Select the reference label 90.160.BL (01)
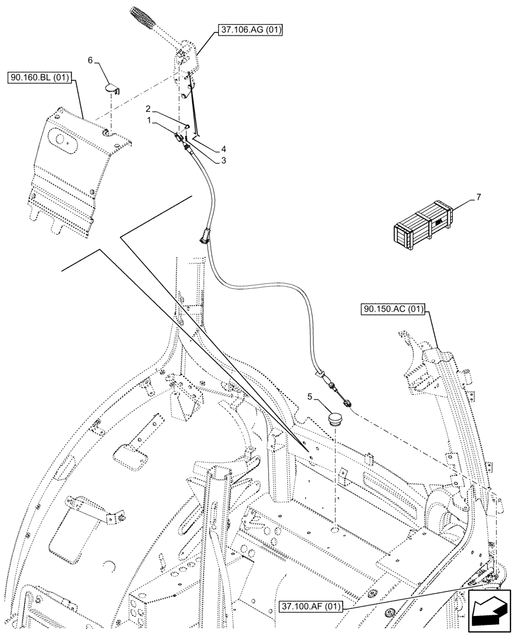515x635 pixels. [41, 79]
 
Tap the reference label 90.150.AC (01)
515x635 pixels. [393, 311]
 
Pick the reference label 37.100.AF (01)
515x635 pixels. [310, 606]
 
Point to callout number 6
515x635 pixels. [90, 60]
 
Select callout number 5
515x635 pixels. [310, 397]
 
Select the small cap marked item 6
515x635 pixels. [112, 86]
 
